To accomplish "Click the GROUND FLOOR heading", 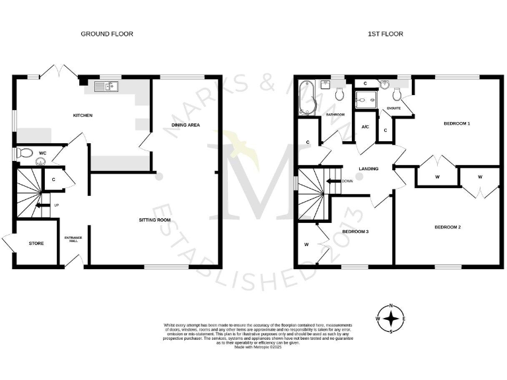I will point(107,34).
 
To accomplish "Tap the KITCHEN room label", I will point(83,115).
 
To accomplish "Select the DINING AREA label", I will point(186,125).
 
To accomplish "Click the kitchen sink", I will point(106,86).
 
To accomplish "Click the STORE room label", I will point(36,243).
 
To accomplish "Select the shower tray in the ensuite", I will point(364,98).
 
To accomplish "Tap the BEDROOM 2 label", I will point(447,228).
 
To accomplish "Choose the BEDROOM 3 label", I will point(355,232).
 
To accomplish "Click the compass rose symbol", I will point(392,319).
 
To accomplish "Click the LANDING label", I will point(368,169).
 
